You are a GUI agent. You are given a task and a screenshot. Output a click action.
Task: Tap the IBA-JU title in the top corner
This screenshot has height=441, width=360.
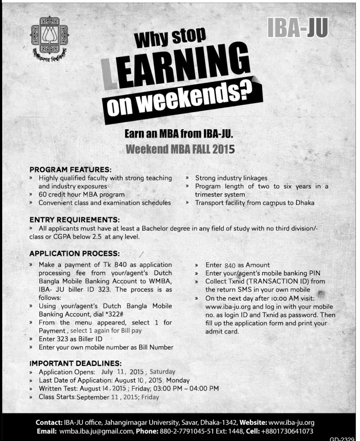[298, 28]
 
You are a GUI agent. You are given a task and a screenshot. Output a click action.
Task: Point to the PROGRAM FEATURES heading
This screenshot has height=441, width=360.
[71, 169]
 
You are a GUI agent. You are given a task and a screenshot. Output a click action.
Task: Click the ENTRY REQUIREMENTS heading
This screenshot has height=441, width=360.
[75, 219]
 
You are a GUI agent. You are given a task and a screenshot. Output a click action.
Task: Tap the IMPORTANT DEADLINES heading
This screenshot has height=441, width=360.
[75, 363]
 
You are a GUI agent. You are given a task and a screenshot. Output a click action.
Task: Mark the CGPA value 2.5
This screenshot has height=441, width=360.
[97, 237]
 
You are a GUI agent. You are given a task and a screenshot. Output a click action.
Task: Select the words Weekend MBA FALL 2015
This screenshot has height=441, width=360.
[180, 149]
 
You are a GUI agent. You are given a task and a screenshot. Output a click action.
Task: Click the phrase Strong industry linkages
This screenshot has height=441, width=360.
[231, 178]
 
